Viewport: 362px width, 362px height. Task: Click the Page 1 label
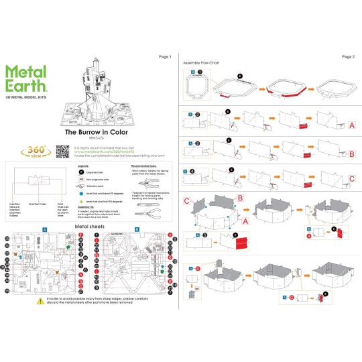[165, 57]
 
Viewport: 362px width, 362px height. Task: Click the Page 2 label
[347, 57]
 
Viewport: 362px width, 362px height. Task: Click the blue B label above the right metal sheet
[136, 229]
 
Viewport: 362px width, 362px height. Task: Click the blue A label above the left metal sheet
[44, 229]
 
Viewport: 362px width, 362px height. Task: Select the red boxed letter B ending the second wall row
[352, 154]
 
